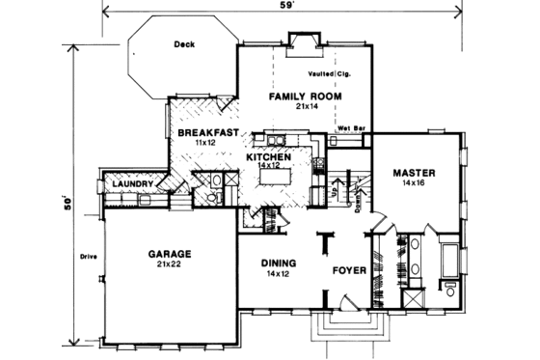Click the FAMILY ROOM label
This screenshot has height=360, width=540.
point(302,97)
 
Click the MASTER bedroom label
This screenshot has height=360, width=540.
point(415,171)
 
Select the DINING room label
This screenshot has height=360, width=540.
point(279,263)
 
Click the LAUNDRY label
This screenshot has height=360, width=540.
point(128,183)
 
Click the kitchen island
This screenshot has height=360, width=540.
point(274,178)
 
